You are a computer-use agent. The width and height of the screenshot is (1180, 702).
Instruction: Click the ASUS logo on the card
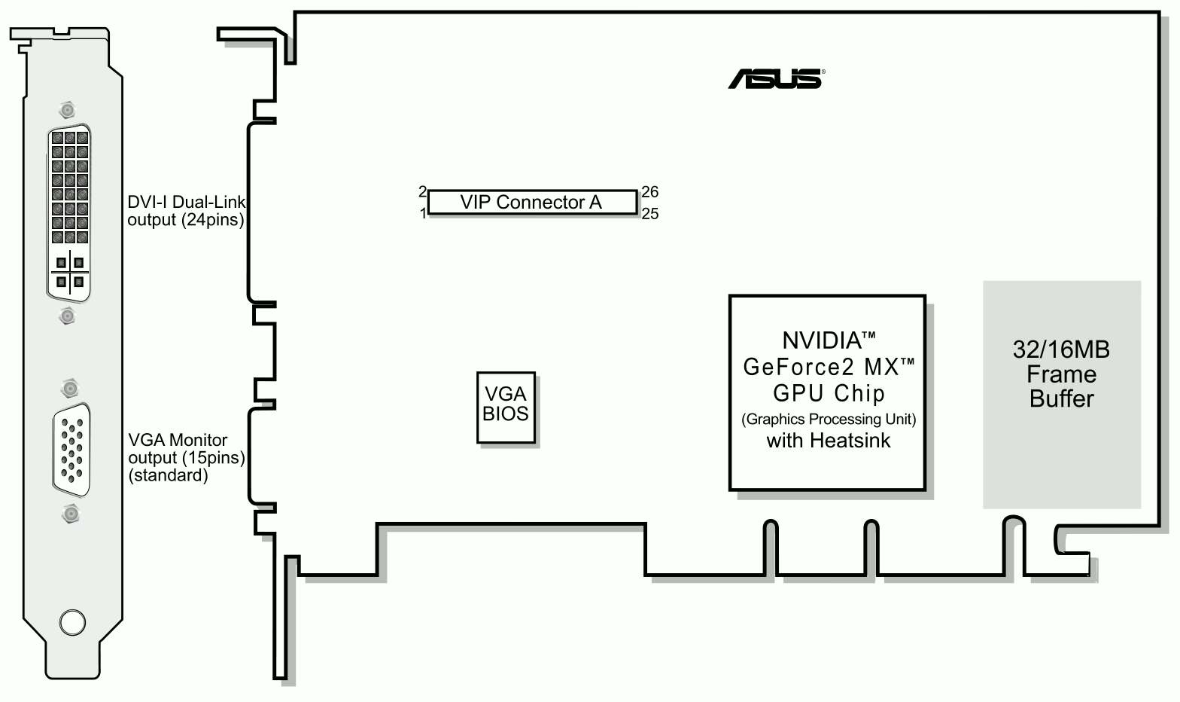[x=775, y=78]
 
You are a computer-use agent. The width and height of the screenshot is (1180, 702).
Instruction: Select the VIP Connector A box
[x=532, y=203]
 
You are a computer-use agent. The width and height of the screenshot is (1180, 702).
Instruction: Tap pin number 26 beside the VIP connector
[x=650, y=192]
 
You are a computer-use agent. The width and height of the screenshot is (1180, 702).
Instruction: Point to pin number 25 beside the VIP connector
[x=650, y=214]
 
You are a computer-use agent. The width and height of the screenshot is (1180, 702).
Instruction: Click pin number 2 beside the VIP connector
[x=423, y=191]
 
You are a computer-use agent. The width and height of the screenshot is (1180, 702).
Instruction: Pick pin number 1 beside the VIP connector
[x=424, y=214]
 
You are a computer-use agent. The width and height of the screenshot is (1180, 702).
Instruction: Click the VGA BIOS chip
[x=506, y=407]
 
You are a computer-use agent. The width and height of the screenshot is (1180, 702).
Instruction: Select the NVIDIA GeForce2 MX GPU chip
[x=827, y=392]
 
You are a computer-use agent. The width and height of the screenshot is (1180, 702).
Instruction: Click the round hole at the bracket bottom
[x=72, y=623]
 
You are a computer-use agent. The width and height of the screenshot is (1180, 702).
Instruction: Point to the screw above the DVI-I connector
[x=68, y=110]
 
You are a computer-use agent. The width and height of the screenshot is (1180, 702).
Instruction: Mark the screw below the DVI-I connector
[x=68, y=315]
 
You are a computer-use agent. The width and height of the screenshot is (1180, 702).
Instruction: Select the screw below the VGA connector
[x=71, y=515]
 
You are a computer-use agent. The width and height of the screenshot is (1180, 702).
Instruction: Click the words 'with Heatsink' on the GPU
[x=828, y=441]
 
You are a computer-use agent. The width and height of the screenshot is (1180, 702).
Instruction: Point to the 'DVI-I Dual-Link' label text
[x=187, y=202]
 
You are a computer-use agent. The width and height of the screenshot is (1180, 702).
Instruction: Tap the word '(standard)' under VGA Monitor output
[x=168, y=475]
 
